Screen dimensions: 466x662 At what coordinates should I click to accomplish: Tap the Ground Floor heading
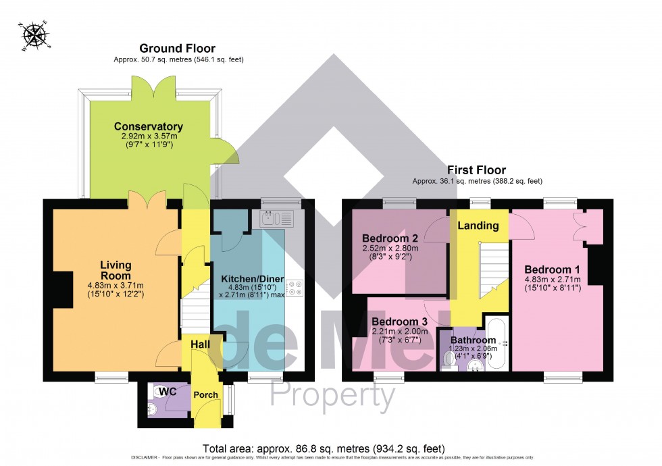tap(177, 48)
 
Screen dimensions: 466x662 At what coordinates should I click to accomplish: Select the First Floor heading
tap(477, 170)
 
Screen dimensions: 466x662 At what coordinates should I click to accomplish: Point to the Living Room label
tap(116, 270)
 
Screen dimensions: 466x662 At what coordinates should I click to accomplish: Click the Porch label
tap(205, 394)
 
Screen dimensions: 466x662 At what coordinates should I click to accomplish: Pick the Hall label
tap(200, 344)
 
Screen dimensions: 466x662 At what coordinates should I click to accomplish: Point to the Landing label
tap(478, 226)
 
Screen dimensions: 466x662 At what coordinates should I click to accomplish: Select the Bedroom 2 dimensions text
tap(391, 253)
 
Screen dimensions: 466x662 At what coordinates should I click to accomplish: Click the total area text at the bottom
tap(324, 448)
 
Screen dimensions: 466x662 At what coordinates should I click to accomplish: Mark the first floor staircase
tap(492, 270)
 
